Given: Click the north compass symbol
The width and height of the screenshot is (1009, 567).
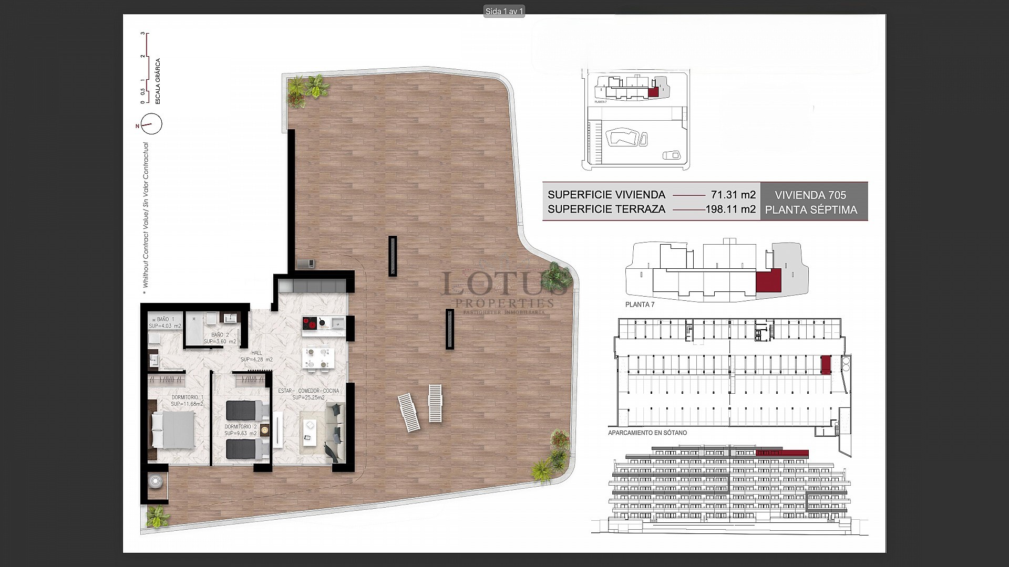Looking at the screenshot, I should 151,124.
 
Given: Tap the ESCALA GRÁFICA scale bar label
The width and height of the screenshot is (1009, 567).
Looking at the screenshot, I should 158,81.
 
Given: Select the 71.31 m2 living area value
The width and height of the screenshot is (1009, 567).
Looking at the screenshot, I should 733,195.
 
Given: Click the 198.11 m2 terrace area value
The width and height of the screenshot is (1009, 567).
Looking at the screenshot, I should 730,209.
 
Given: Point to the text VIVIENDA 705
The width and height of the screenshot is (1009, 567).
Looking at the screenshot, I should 810,195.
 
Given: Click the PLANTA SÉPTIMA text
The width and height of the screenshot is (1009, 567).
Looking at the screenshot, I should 811,210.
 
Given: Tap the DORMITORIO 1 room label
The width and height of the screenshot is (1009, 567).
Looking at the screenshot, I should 187,397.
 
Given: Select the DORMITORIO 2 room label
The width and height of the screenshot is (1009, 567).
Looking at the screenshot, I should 241,427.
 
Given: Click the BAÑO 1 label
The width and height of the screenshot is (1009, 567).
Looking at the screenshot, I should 165,319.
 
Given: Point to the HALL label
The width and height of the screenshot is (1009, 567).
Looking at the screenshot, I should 256,353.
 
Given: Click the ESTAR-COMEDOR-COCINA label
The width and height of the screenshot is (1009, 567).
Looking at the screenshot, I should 308,391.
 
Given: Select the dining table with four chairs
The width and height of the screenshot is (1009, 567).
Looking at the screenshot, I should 317,359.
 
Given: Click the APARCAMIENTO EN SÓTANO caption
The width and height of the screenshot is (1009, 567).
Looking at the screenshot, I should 647,433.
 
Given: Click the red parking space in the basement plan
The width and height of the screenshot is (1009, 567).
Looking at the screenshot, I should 826,365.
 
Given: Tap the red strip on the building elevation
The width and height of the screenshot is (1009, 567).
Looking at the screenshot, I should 781,453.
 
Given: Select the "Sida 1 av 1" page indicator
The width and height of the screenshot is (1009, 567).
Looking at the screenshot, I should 503,12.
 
